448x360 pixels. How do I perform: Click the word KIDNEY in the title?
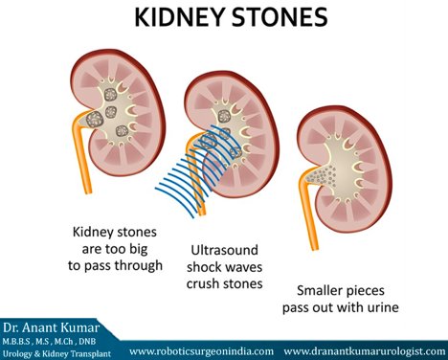point(168,18)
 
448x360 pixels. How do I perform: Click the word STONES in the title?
point(280,18)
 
